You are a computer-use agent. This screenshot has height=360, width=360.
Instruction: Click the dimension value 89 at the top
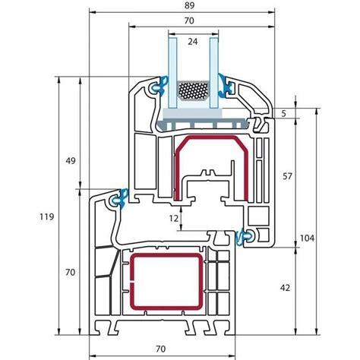point(189,5)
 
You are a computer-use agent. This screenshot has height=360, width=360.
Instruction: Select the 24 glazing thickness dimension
point(193,42)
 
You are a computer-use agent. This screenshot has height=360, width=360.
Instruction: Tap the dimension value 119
point(46,216)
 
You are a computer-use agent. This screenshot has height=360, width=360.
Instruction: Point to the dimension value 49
point(71,161)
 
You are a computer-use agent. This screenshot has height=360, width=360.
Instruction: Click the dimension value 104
point(307,238)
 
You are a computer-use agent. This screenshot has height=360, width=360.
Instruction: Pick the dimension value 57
point(287,176)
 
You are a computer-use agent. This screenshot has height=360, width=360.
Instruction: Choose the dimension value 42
point(286,288)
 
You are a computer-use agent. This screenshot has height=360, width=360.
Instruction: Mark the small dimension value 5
point(284,113)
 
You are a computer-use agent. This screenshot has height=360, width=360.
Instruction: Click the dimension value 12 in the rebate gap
point(174,218)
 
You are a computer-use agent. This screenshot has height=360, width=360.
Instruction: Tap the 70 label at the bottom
point(160,349)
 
